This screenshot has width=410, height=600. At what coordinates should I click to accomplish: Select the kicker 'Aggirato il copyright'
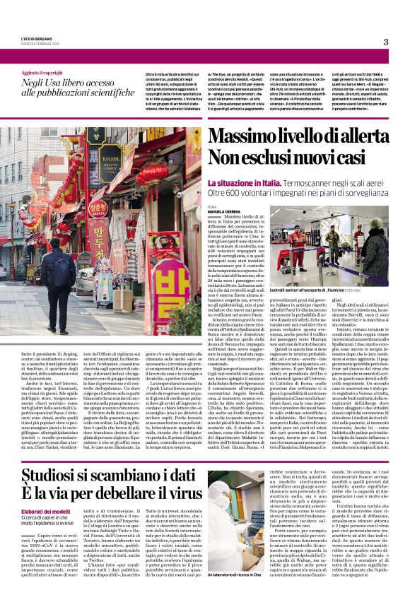(42, 73)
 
